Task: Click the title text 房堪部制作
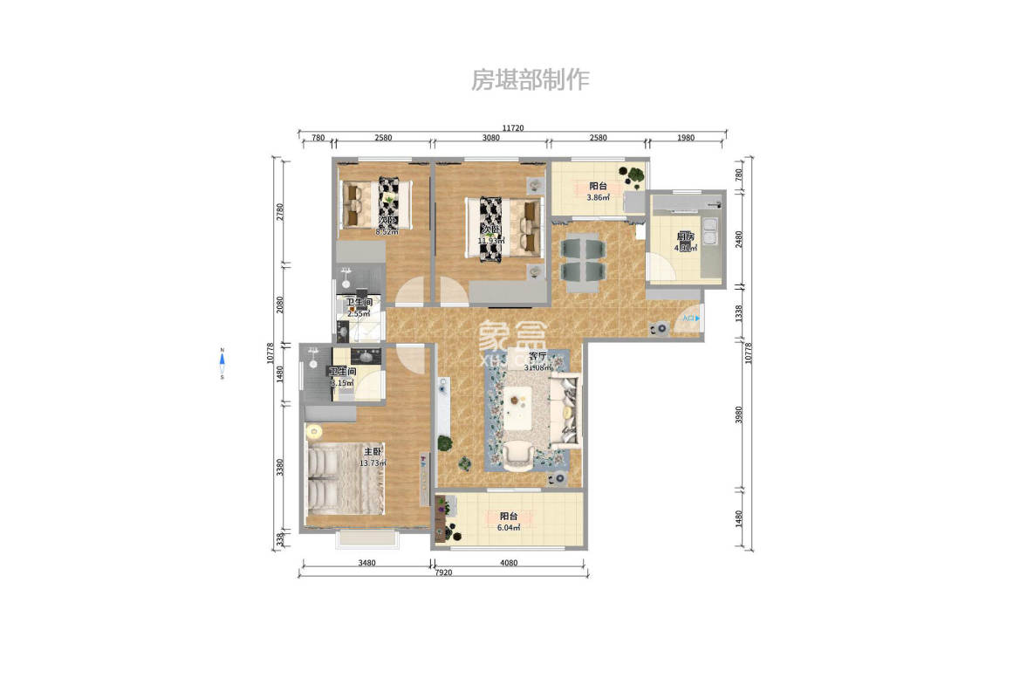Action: [x=530, y=80]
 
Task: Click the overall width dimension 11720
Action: [x=512, y=128]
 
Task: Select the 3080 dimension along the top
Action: [x=490, y=137]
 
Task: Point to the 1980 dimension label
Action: [x=685, y=137]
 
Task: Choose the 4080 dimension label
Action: [x=509, y=563]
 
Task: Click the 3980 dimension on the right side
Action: [x=739, y=415]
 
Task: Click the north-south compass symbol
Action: [x=223, y=364]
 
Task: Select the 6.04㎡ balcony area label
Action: [x=509, y=528]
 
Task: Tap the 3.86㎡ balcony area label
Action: [x=598, y=198]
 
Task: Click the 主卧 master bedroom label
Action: [x=373, y=451]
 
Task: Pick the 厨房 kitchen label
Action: [x=685, y=236]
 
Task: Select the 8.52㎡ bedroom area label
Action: [x=387, y=232]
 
